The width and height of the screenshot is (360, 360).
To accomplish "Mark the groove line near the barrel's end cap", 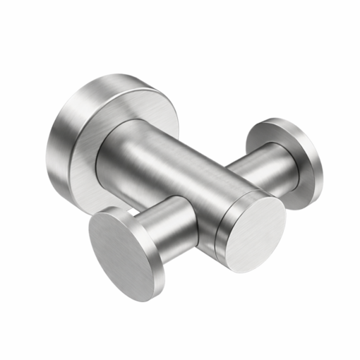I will (x=220, y=226).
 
